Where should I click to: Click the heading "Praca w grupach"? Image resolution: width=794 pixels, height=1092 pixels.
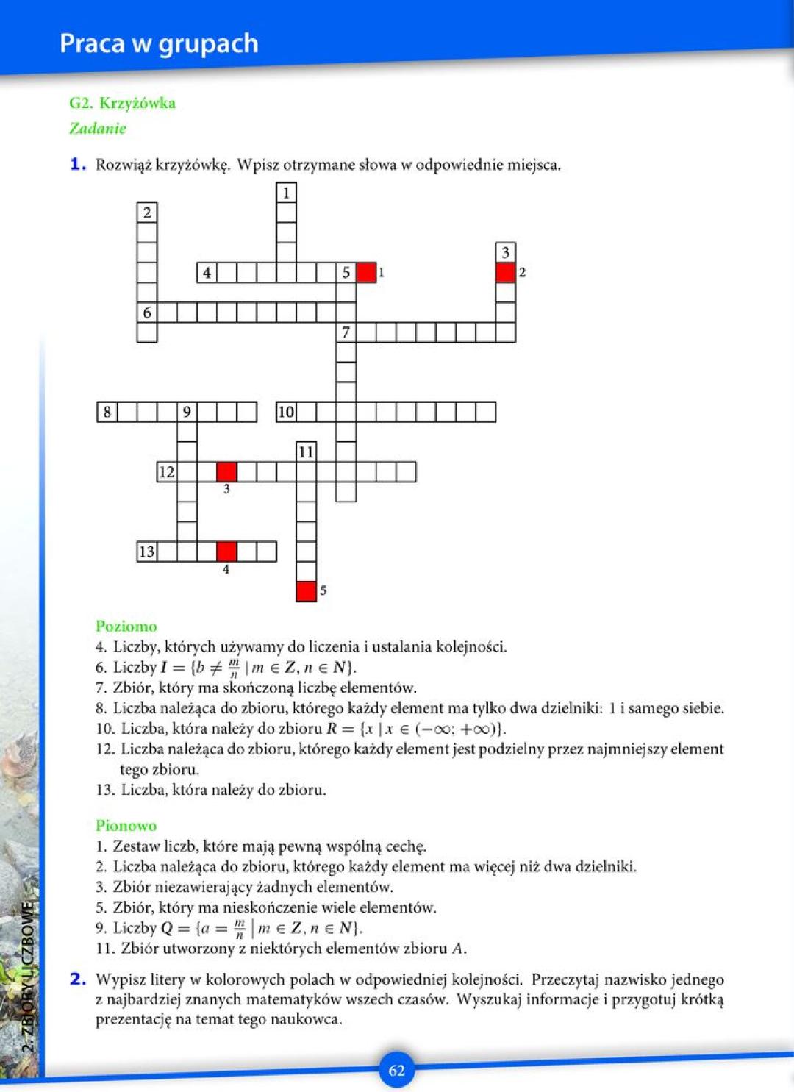click(x=159, y=43)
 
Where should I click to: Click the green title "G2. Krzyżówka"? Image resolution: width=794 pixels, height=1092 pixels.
click(x=122, y=103)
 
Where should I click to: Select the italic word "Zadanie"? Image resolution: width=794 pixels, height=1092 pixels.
click(x=98, y=129)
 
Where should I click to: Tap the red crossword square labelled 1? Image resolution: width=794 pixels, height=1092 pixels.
click(x=366, y=272)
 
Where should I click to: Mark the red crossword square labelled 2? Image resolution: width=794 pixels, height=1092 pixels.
click(x=505, y=272)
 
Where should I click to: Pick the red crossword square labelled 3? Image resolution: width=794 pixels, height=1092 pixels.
click(x=226, y=471)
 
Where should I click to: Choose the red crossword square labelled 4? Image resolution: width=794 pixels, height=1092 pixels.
click(x=226, y=551)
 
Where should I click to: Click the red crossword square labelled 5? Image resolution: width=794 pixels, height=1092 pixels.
click(x=306, y=590)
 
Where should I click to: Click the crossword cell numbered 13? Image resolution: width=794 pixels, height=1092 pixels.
click(x=147, y=551)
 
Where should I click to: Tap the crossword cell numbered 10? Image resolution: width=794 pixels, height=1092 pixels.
click(x=286, y=412)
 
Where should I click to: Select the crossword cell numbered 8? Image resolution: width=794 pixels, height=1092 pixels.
click(x=107, y=412)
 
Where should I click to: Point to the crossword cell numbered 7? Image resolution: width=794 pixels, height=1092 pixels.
click(x=346, y=332)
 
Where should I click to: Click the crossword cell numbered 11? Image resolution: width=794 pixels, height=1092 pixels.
click(x=306, y=452)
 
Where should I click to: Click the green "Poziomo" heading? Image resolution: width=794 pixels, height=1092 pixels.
click(x=126, y=627)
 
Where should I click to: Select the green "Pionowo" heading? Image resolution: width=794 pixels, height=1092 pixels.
click(x=126, y=826)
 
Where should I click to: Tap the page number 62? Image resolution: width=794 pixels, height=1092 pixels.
click(x=396, y=1070)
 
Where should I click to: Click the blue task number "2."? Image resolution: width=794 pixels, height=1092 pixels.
click(x=79, y=979)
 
